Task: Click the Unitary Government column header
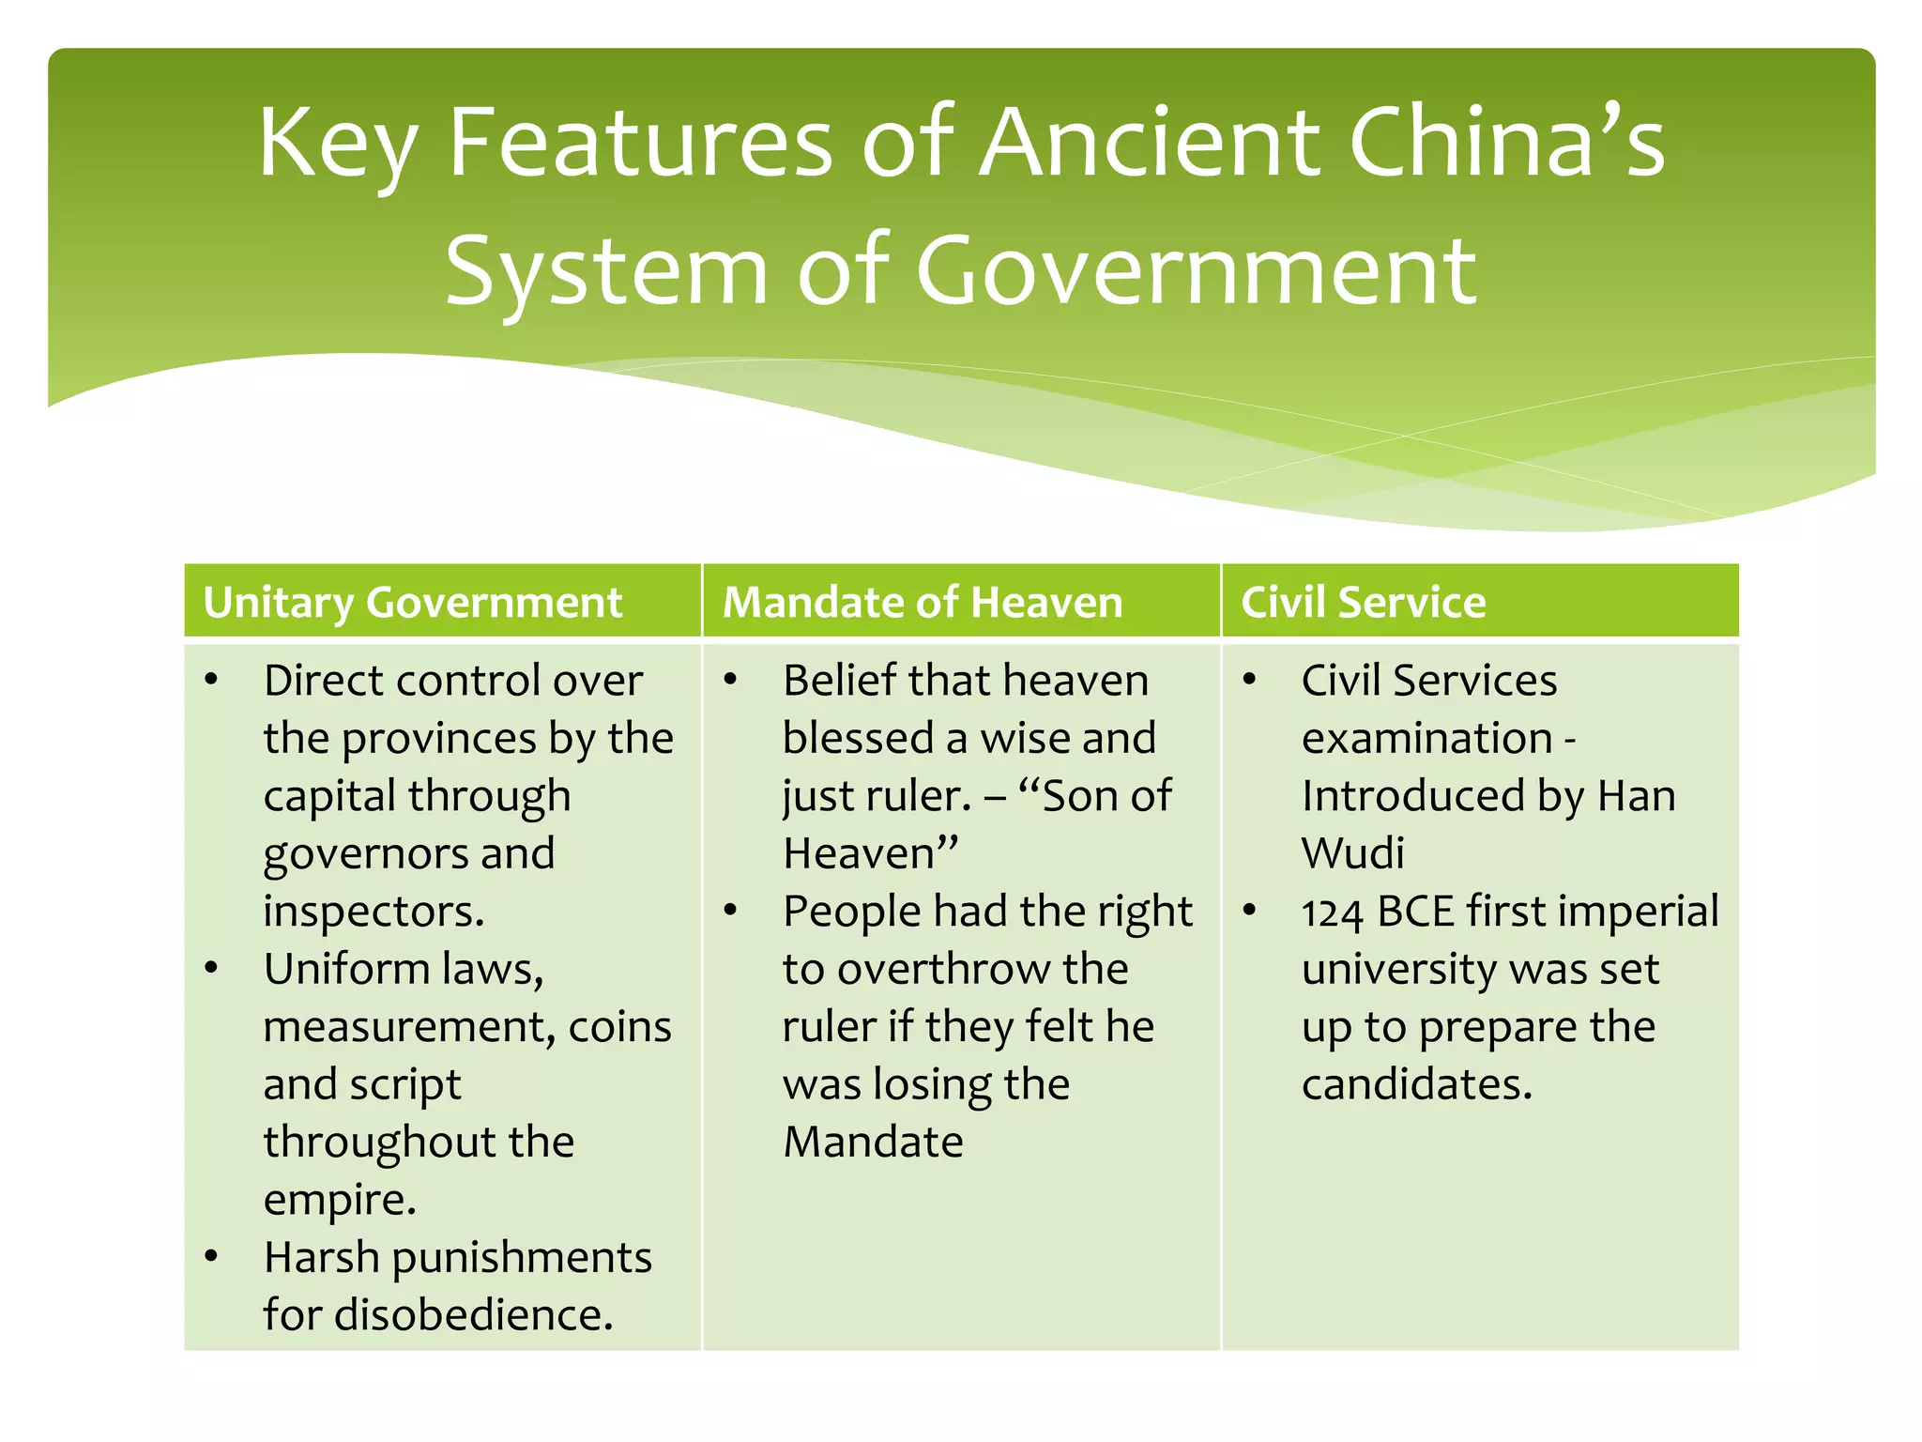(412, 603)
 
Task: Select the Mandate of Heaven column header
(922, 603)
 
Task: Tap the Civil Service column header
(1363, 603)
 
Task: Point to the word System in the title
(606, 272)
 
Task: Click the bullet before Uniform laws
(212, 968)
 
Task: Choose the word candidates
(1416, 1085)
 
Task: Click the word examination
(1426, 739)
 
